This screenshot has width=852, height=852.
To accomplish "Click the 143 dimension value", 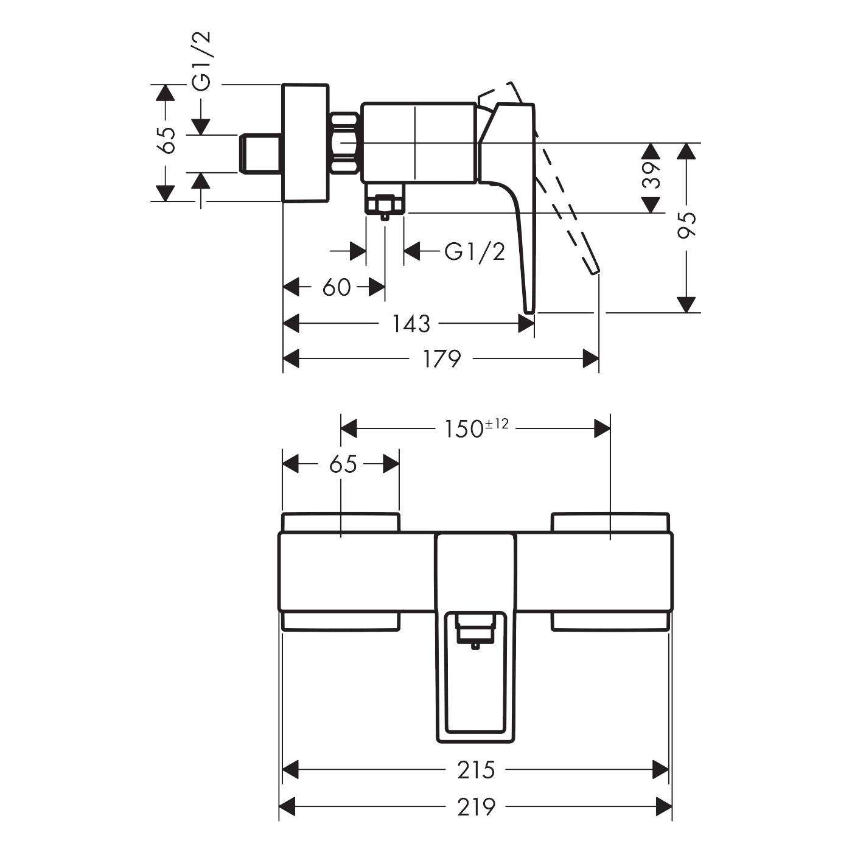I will click(411, 324).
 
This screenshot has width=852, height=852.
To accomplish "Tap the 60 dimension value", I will click(336, 287).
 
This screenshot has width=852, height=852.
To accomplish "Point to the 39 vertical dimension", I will click(651, 176).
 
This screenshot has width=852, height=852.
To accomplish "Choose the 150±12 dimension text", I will click(472, 429).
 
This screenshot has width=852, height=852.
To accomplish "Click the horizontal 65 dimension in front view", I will click(342, 464).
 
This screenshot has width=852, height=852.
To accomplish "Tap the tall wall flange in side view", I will click(306, 142).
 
